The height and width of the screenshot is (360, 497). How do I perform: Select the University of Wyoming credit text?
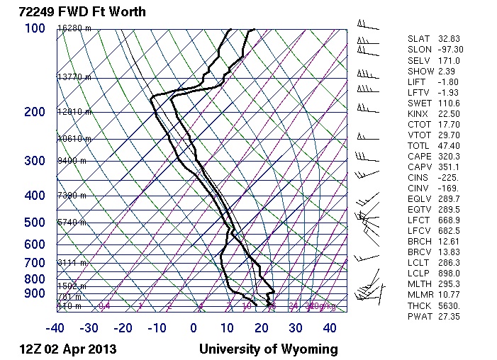tap(268, 349)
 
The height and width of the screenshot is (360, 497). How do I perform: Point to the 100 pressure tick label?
tap(35, 28)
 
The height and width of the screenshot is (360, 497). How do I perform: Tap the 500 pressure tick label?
tap(35, 223)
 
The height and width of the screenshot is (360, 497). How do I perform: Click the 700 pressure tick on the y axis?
tap(35, 263)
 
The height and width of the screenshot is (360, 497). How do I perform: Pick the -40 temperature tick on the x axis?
tap(55, 328)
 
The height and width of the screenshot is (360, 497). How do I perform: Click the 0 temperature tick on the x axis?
tap(194, 328)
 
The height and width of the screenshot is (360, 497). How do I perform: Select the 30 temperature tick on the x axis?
tap(296, 328)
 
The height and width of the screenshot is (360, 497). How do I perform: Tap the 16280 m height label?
tap(74, 28)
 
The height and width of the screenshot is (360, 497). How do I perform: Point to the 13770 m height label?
tap(74, 77)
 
